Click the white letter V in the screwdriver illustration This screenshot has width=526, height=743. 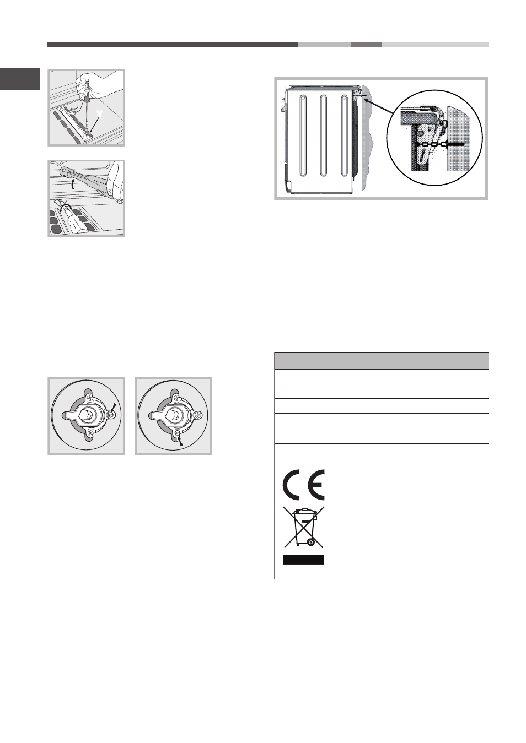click(100, 113)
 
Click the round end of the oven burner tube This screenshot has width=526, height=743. click(63, 171)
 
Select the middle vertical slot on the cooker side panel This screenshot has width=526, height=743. click(323, 135)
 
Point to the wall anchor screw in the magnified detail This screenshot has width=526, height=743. click(456, 145)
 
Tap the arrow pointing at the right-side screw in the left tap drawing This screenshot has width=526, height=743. click(114, 406)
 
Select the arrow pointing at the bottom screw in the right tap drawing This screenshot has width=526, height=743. click(180, 441)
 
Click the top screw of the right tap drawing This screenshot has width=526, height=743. click(175, 397)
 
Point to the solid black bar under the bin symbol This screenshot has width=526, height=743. click(303, 559)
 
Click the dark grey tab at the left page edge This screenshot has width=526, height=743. click(20, 79)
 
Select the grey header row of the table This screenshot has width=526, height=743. click(381, 361)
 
